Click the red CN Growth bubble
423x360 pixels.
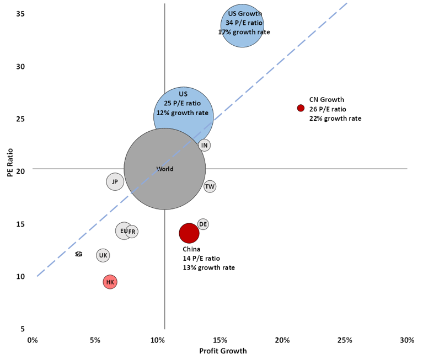pyautogui.click(x=301, y=109)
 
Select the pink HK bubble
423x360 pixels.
pyautogui.click(x=110, y=282)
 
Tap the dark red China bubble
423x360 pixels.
pyautogui.click(x=189, y=233)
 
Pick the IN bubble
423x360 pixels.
pyautogui.click(x=205, y=146)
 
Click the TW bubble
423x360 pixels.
pyautogui.click(x=210, y=187)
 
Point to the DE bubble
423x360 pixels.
pyautogui.click(x=203, y=224)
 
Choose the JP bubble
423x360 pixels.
pyautogui.click(x=115, y=181)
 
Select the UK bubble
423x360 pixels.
pyautogui.click(x=103, y=255)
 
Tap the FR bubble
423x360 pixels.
pyautogui.click(x=132, y=232)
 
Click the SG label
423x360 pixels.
pyautogui.click(x=78, y=254)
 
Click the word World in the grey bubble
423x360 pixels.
pyautogui.click(x=165, y=169)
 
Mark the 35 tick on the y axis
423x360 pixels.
pyautogui.click(x=19, y=13)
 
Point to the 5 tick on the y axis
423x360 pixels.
pyautogui.click(x=22, y=329)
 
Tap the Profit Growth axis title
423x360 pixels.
pyautogui.click(x=223, y=351)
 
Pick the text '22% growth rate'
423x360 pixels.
pyautogui.click(x=335, y=119)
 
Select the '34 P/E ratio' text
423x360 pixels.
pyautogui.click(x=244, y=23)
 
